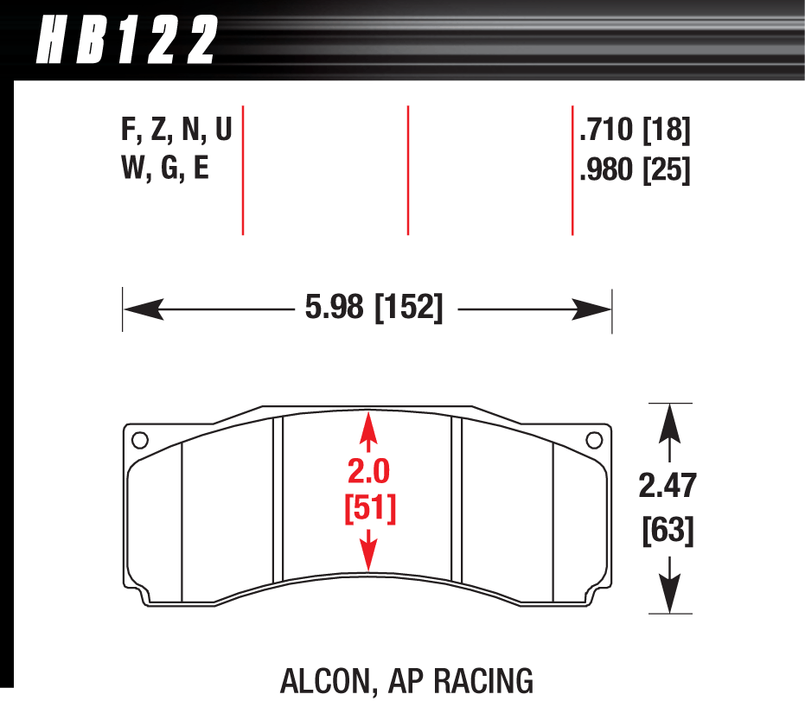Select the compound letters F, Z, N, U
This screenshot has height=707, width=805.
point(176,131)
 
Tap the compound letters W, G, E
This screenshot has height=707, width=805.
point(165,168)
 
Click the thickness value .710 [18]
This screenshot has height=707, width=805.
point(636,131)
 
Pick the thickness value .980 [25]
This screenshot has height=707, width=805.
point(636,169)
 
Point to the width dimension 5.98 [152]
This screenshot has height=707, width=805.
point(374,309)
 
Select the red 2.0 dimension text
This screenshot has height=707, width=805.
point(369,473)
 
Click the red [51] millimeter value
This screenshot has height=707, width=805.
point(370,509)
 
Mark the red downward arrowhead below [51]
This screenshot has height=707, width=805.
point(369,557)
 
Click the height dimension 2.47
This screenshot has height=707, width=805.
point(667,487)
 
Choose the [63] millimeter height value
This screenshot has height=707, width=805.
point(668,529)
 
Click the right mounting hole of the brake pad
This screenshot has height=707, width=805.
point(594,440)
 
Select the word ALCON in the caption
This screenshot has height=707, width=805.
point(324,681)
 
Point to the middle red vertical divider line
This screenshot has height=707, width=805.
point(407,169)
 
